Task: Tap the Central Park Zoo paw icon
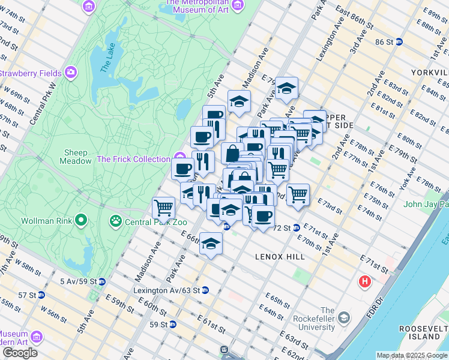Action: click(115, 221)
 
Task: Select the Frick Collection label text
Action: click(133, 159)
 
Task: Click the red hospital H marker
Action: click(364, 281)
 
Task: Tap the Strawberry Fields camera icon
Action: click(71, 73)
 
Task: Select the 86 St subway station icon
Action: click(399, 42)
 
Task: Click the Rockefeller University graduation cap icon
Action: click(344, 316)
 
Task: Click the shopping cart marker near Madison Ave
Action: click(163, 208)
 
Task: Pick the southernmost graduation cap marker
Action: click(211, 244)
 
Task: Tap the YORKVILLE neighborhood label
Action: click(429, 72)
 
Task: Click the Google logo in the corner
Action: click(20, 353)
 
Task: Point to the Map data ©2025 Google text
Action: click(412, 355)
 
